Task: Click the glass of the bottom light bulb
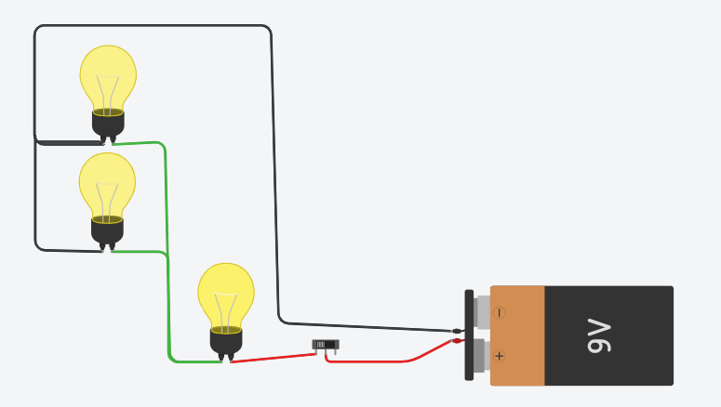(226, 292)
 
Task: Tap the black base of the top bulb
(108, 124)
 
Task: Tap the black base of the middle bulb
(107, 230)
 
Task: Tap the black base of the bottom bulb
(226, 340)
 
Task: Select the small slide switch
(326, 345)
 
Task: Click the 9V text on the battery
(600, 336)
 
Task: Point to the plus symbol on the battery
(500, 356)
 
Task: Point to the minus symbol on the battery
(500, 313)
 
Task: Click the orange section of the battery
(517, 335)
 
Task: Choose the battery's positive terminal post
(481, 356)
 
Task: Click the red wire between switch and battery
(391, 361)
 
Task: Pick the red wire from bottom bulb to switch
(270, 354)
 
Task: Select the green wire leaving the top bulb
(166, 186)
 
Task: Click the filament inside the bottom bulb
(226, 307)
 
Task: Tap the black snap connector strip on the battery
(469, 335)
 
